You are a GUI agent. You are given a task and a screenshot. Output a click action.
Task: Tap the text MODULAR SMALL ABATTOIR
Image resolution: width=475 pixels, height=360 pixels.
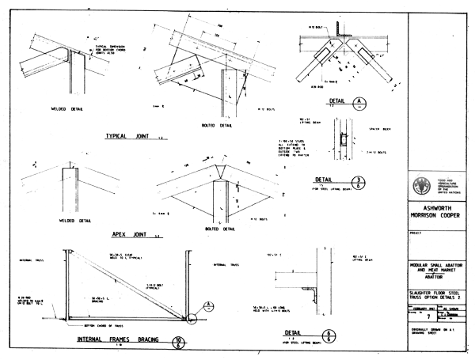click(x=439, y=260)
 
